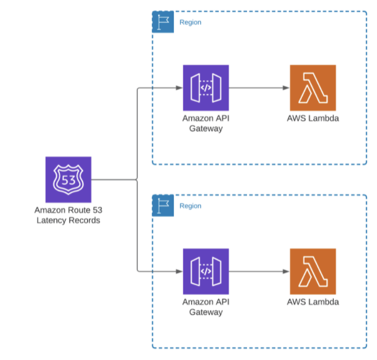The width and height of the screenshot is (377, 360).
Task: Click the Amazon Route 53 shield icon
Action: click(68, 179)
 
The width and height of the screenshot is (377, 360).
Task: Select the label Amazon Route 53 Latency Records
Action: click(68, 215)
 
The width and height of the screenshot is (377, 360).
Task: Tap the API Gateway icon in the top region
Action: click(206, 87)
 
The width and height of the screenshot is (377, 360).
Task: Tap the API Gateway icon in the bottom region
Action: click(206, 271)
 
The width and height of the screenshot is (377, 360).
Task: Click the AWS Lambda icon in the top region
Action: click(313, 87)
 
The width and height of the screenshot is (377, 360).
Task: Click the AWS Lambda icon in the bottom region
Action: click(313, 271)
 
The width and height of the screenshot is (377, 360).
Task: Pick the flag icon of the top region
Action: click(163, 22)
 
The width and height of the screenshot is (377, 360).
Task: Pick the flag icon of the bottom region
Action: click(163, 206)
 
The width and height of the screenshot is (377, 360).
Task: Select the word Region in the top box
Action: click(190, 22)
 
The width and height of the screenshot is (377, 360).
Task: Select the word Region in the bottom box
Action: click(190, 206)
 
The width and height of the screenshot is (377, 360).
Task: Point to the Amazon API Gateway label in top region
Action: click(206, 123)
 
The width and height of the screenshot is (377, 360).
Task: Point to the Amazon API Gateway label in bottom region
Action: click(206, 307)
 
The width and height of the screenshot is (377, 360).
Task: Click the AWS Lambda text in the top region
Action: click(313, 119)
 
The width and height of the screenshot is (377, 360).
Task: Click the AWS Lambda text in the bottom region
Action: click(313, 302)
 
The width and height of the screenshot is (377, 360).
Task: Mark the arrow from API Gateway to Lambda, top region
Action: click(259, 87)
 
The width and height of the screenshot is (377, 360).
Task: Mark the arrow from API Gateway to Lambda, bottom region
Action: click(259, 271)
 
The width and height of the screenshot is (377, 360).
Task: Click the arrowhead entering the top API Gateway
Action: click(179, 87)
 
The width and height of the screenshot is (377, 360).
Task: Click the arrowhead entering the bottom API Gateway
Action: click(179, 271)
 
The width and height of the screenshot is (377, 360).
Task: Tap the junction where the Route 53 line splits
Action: click(137, 180)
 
